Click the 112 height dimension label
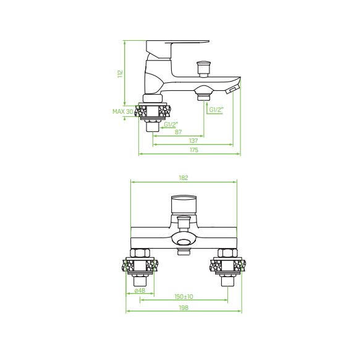(120, 74)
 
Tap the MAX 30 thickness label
(123, 111)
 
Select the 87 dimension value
(178, 132)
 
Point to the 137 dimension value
(193, 141)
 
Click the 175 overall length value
(194, 150)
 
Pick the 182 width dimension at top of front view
(184, 178)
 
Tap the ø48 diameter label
(140, 290)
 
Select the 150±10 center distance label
(184, 296)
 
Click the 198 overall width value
(184, 307)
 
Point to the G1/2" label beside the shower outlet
(216, 109)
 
